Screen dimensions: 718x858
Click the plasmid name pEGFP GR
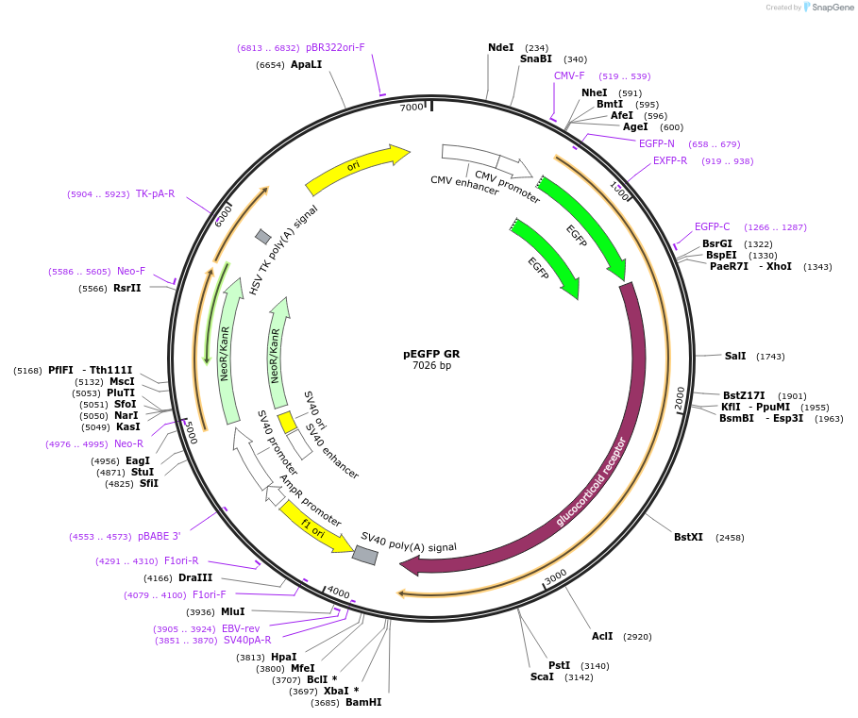[x=431, y=354]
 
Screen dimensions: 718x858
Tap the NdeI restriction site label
[x=500, y=47]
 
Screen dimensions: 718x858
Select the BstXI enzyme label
[x=688, y=537]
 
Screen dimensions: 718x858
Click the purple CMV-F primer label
[x=569, y=75]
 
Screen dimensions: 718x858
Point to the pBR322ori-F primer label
[x=335, y=47]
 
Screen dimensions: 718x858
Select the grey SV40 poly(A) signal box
[x=364, y=555]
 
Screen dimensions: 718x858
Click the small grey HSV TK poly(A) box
[x=263, y=236]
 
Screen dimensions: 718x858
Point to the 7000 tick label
[x=412, y=108]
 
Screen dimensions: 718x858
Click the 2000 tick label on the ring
[x=680, y=399]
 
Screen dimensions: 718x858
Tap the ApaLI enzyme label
[x=307, y=64]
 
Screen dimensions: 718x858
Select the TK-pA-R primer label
[x=155, y=193]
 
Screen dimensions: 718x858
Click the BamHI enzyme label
[x=363, y=702]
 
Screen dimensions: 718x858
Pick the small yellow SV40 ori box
[x=287, y=422]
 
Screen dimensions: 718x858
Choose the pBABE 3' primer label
[x=159, y=536]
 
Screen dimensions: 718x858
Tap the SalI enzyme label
[x=735, y=356]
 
